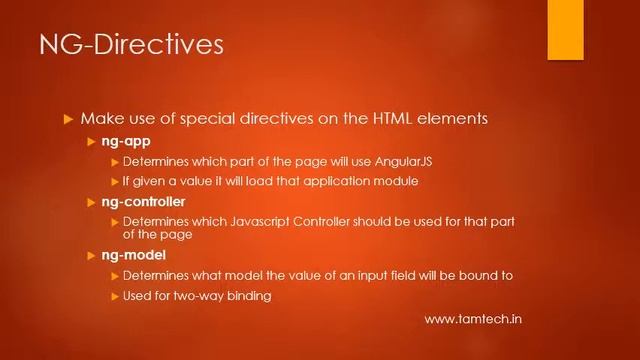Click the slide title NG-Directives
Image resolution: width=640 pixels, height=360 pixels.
point(130,46)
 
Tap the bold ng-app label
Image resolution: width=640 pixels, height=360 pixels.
point(126,142)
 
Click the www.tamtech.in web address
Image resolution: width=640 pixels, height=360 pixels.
point(474,319)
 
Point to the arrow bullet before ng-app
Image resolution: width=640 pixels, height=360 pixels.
point(92,142)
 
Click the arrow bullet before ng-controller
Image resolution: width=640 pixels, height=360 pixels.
point(92,202)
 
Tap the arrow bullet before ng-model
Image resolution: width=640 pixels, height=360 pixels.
point(92,257)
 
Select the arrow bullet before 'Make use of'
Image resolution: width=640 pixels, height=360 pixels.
point(69,119)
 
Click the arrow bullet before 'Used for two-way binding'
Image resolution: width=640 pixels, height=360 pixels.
point(114,295)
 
